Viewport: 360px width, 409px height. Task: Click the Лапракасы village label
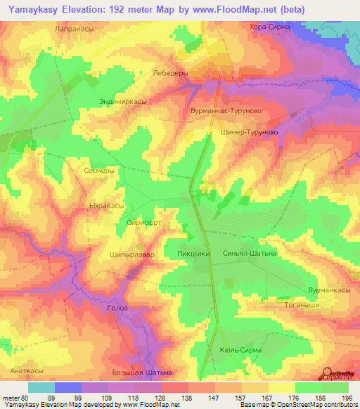coord(74,29)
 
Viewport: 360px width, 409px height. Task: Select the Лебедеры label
coord(169,72)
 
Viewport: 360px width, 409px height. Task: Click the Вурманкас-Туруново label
coord(222,111)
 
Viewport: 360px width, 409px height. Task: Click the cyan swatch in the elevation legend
coord(41,387)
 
